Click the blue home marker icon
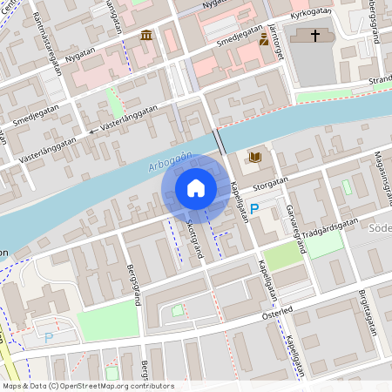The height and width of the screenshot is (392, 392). tap(196, 188)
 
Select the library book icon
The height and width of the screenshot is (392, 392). tap(254, 157)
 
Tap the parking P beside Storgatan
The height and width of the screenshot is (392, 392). tap(254, 208)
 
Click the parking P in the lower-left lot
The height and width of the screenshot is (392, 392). tap(49, 337)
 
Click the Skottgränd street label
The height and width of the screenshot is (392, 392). tap(194, 238)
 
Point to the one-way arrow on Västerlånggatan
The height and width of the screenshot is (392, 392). tap(93, 132)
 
